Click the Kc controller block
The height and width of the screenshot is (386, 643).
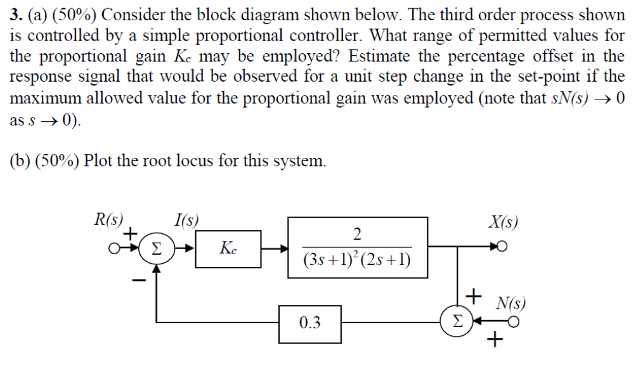click(x=226, y=248)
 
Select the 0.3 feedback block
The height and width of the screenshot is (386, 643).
click(x=309, y=323)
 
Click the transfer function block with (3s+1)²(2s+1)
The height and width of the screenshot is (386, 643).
click(x=357, y=248)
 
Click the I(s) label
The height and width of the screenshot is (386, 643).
click(x=186, y=221)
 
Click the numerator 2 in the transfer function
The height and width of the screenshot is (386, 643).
click(x=357, y=235)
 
